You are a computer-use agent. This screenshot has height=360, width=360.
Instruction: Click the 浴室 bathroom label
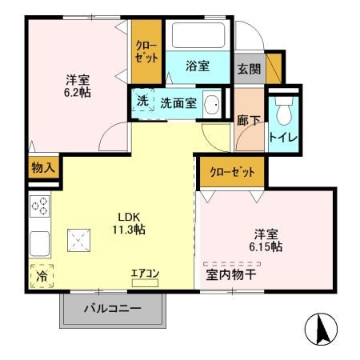point(198,67)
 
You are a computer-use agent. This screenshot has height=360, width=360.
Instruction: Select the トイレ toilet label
point(283,137)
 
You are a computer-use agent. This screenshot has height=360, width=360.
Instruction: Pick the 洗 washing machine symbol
point(142,102)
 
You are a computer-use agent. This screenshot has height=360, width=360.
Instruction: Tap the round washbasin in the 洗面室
point(212,105)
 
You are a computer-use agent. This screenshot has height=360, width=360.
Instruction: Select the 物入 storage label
point(42,168)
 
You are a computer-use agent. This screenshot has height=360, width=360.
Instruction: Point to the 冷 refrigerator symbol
point(41,275)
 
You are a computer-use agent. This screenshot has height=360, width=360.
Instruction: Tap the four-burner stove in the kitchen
point(41,206)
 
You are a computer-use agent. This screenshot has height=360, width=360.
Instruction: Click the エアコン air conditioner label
point(146,274)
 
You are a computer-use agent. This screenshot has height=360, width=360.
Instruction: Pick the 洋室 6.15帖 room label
point(265,241)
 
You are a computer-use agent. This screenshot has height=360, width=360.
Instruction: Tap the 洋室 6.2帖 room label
point(78,86)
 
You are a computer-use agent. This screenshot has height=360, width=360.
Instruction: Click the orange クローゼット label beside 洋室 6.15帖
point(232,172)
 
